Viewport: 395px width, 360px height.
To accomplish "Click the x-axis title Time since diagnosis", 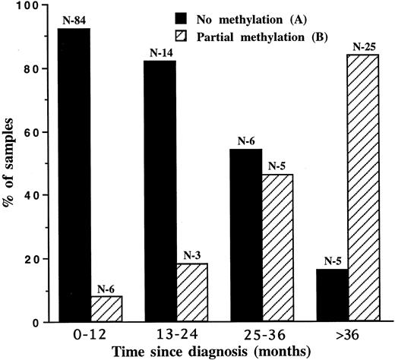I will pos(198,351).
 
